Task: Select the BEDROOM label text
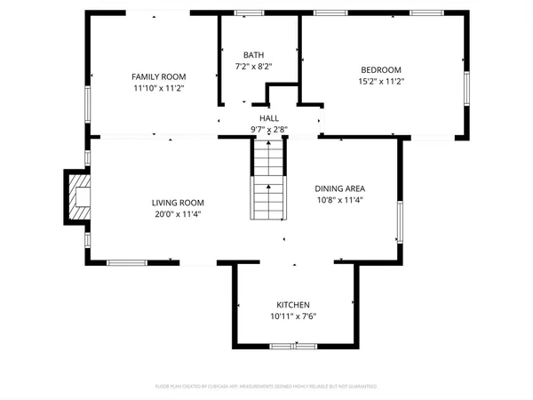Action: [x=380, y=70]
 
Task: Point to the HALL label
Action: [x=269, y=118]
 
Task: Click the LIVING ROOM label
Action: [x=178, y=203]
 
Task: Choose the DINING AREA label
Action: [x=340, y=188]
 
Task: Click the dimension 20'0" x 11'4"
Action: [x=178, y=214]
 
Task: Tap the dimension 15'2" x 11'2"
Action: [x=380, y=82]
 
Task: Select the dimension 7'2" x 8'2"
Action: [x=253, y=66]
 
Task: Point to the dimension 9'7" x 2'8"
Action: [x=269, y=130]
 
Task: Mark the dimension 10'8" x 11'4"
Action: [x=340, y=200]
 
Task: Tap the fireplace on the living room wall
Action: [x=76, y=196]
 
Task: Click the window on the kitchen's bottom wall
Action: [x=295, y=345]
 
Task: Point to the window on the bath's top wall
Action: [x=249, y=13]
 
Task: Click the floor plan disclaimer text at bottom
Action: [x=266, y=387]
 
